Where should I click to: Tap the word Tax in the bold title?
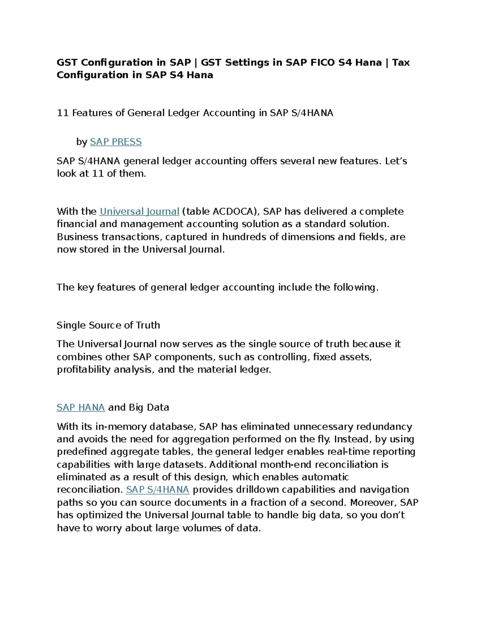pyautogui.click(x=401, y=63)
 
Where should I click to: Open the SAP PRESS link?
pyautogui.click(x=116, y=142)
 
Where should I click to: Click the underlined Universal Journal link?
pyautogui.click(x=139, y=211)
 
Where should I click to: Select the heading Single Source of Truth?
pyautogui.click(x=108, y=325)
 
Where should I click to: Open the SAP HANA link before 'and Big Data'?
pyautogui.click(x=81, y=408)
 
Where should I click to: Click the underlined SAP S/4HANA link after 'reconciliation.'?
pyautogui.click(x=158, y=490)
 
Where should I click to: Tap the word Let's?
pyautogui.click(x=396, y=161)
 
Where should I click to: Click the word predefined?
pyautogui.click(x=82, y=452)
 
